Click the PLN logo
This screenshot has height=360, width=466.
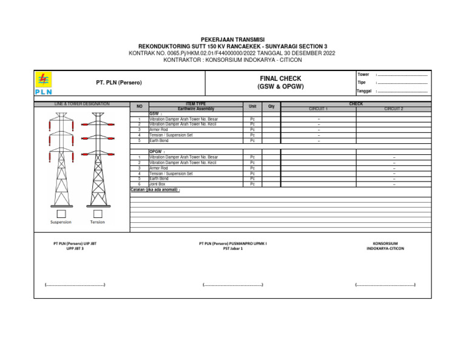click(43, 83)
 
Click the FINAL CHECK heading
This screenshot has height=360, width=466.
click(280, 78)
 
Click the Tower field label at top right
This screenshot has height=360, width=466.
click(363, 74)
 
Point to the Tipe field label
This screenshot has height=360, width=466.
click(362, 83)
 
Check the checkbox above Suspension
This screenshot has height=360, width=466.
click(61, 214)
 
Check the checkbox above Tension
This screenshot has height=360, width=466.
click(97, 214)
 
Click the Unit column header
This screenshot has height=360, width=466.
click(252, 106)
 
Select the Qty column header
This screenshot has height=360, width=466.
click(271, 106)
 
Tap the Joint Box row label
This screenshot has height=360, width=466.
click(157, 184)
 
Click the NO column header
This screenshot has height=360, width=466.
click(139, 106)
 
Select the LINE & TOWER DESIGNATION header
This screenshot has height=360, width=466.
click(82, 104)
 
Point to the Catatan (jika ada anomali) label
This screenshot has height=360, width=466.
click(155, 189)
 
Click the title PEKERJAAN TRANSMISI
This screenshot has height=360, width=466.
click(232, 39)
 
